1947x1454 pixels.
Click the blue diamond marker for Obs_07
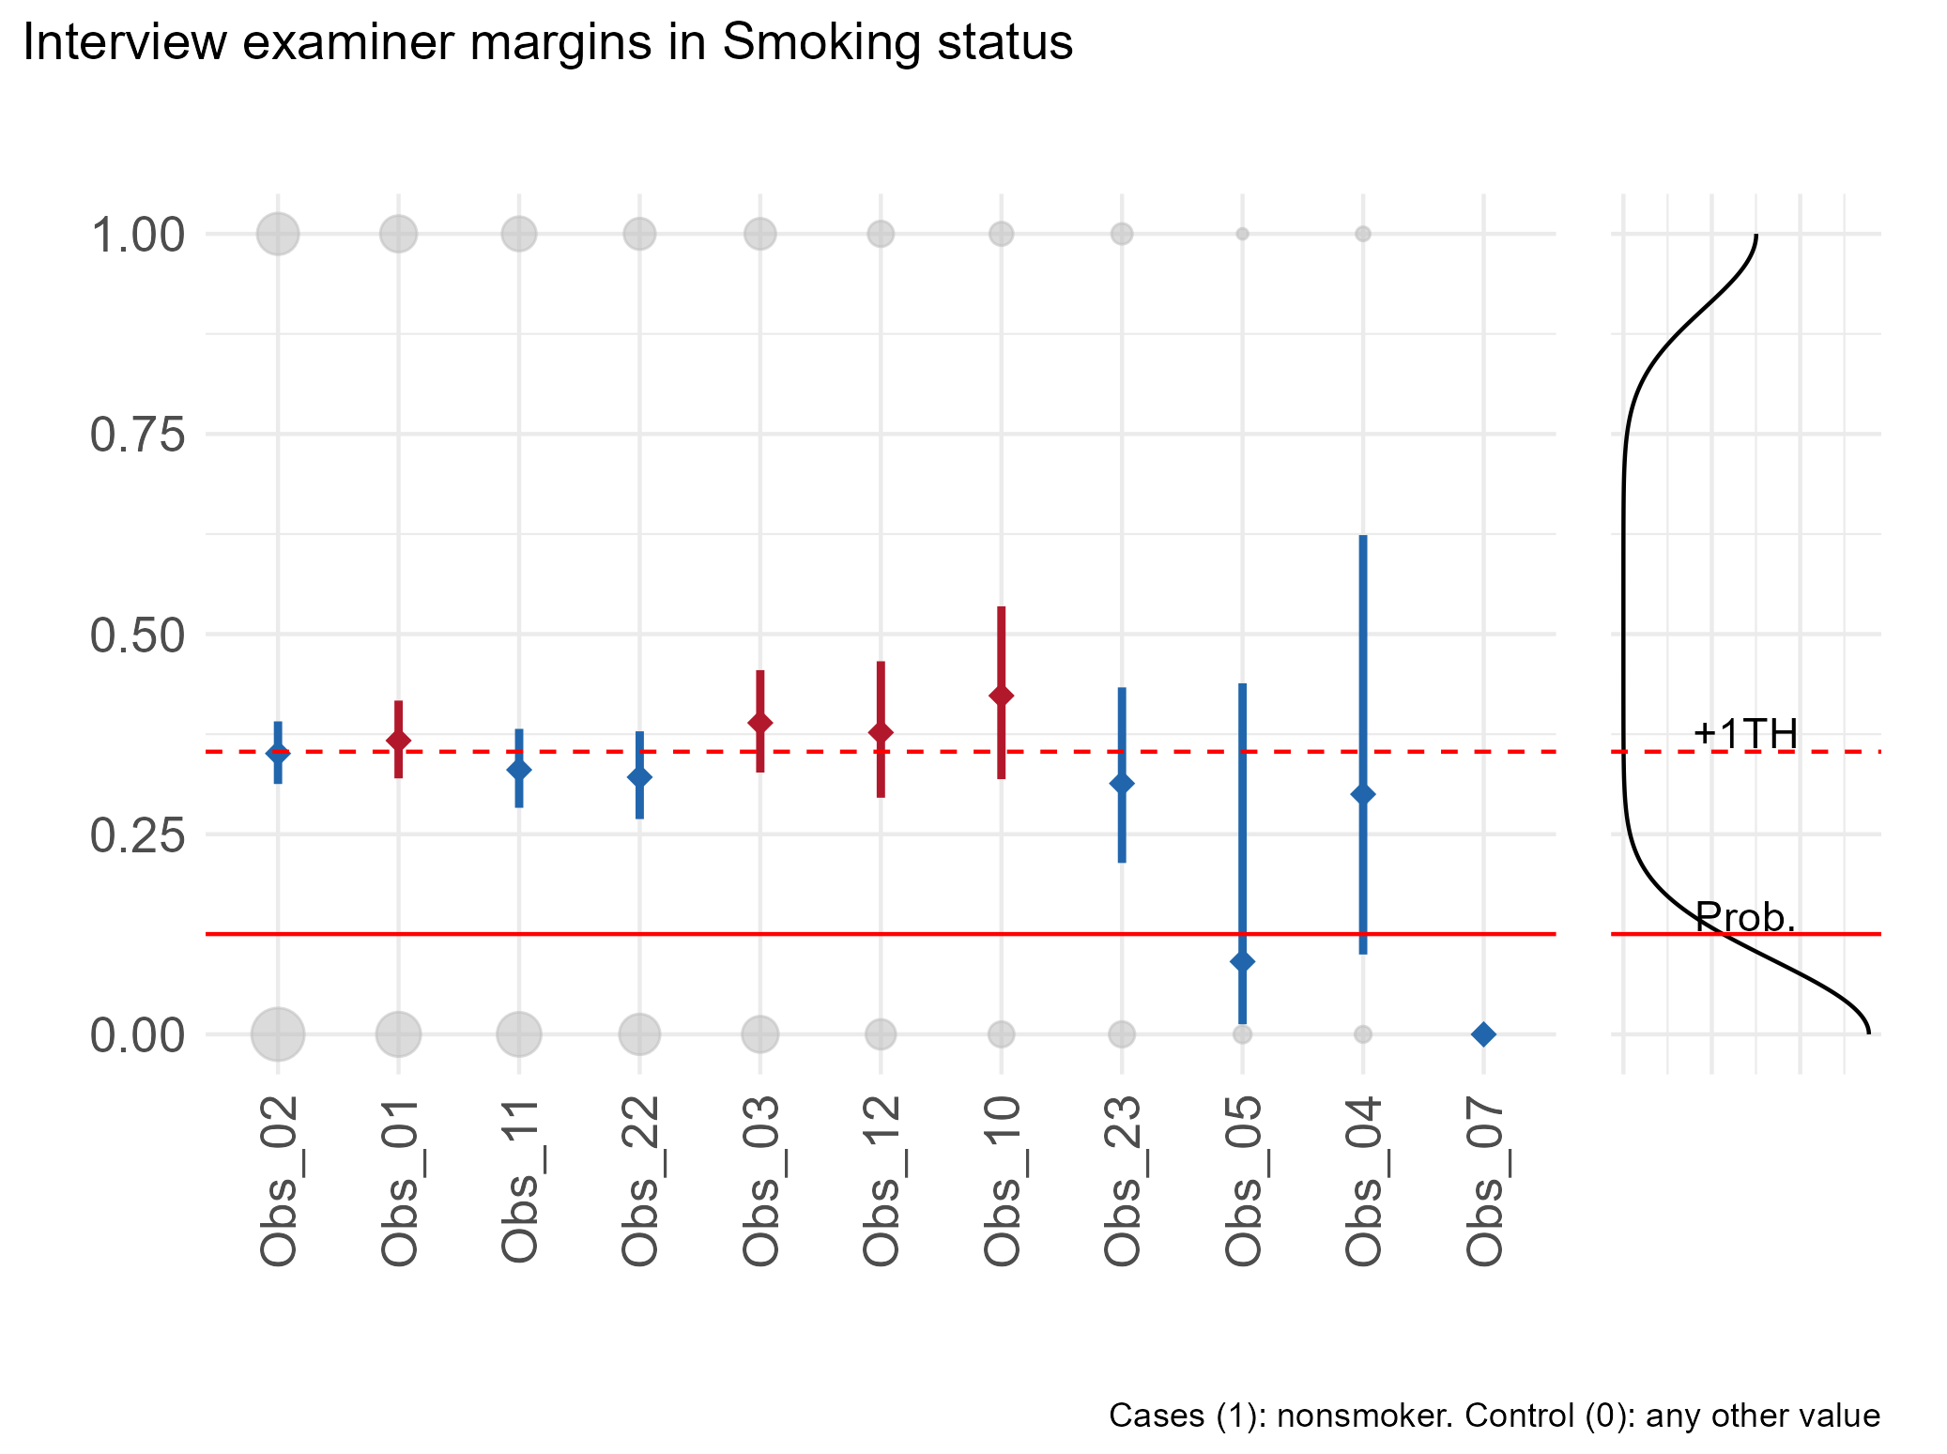1483,1034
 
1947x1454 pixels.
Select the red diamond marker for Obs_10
1002,696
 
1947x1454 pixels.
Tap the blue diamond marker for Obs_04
1363,794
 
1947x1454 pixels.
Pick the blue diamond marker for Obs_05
1242,961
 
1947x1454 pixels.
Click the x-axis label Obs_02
279,1181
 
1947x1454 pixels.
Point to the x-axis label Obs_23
1122,1181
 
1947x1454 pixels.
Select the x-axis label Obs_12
882,1181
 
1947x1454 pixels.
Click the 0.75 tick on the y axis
137,436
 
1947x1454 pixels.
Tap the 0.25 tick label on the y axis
137,835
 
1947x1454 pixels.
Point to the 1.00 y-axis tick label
137,235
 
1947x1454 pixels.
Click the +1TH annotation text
1745,734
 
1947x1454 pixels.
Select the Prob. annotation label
1745,917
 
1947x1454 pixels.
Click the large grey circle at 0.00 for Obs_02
278,1034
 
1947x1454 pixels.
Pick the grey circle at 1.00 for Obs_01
398,233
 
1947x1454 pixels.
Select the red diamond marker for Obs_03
760,722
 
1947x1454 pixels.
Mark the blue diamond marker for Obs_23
1122,783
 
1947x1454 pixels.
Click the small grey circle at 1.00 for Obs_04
1363,234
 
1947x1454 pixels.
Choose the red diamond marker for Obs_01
398,740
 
